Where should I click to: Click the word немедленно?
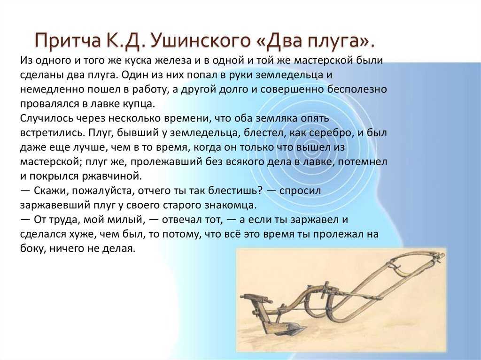point(53,90)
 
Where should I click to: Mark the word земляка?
point(275,118)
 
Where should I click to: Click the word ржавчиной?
point(112,176)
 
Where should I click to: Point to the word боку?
point(33,249)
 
